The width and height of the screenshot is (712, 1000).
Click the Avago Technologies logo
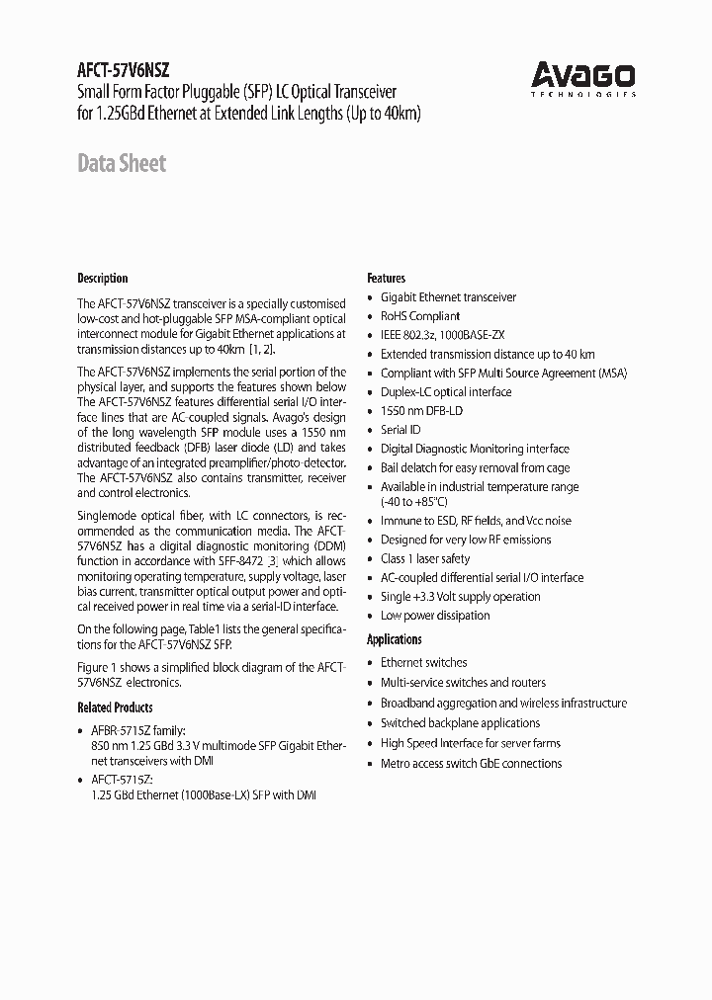pyautogui.click(x=583, y=78)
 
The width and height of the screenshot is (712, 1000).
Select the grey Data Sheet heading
pyautogui.click(x=122, y=163)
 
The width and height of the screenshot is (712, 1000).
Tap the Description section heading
pyautogui.click(x=103, y=278)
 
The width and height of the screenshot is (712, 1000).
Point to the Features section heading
pyautogui.click(x=387, y=278)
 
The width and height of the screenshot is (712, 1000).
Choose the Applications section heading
pyautogui.click(x=395, y=639)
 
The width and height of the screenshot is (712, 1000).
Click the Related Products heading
pyautogui.click(x=115, y=708)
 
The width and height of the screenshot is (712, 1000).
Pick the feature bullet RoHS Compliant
pyautogui.click(x=420, y=316)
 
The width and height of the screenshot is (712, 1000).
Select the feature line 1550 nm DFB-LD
pyautogui.click(x=421, y=410)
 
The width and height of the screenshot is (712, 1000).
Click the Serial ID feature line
pyautogui.click(x=400, y=430)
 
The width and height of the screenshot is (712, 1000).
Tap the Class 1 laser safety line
pyautogui.click(x=425, y=558)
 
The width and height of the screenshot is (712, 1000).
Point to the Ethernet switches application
pyautogui.click(x=423, y=662)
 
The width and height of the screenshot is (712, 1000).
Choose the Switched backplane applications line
pyautogui.click(x=460, y=722)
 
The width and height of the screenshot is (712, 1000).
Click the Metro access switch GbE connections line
pyautogui.click(x=471, y=763)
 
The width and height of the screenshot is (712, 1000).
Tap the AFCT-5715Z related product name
pyautogui.click(x=123, y=779)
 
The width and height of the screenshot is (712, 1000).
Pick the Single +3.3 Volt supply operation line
pyautogui.click(x=460, y=596)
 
